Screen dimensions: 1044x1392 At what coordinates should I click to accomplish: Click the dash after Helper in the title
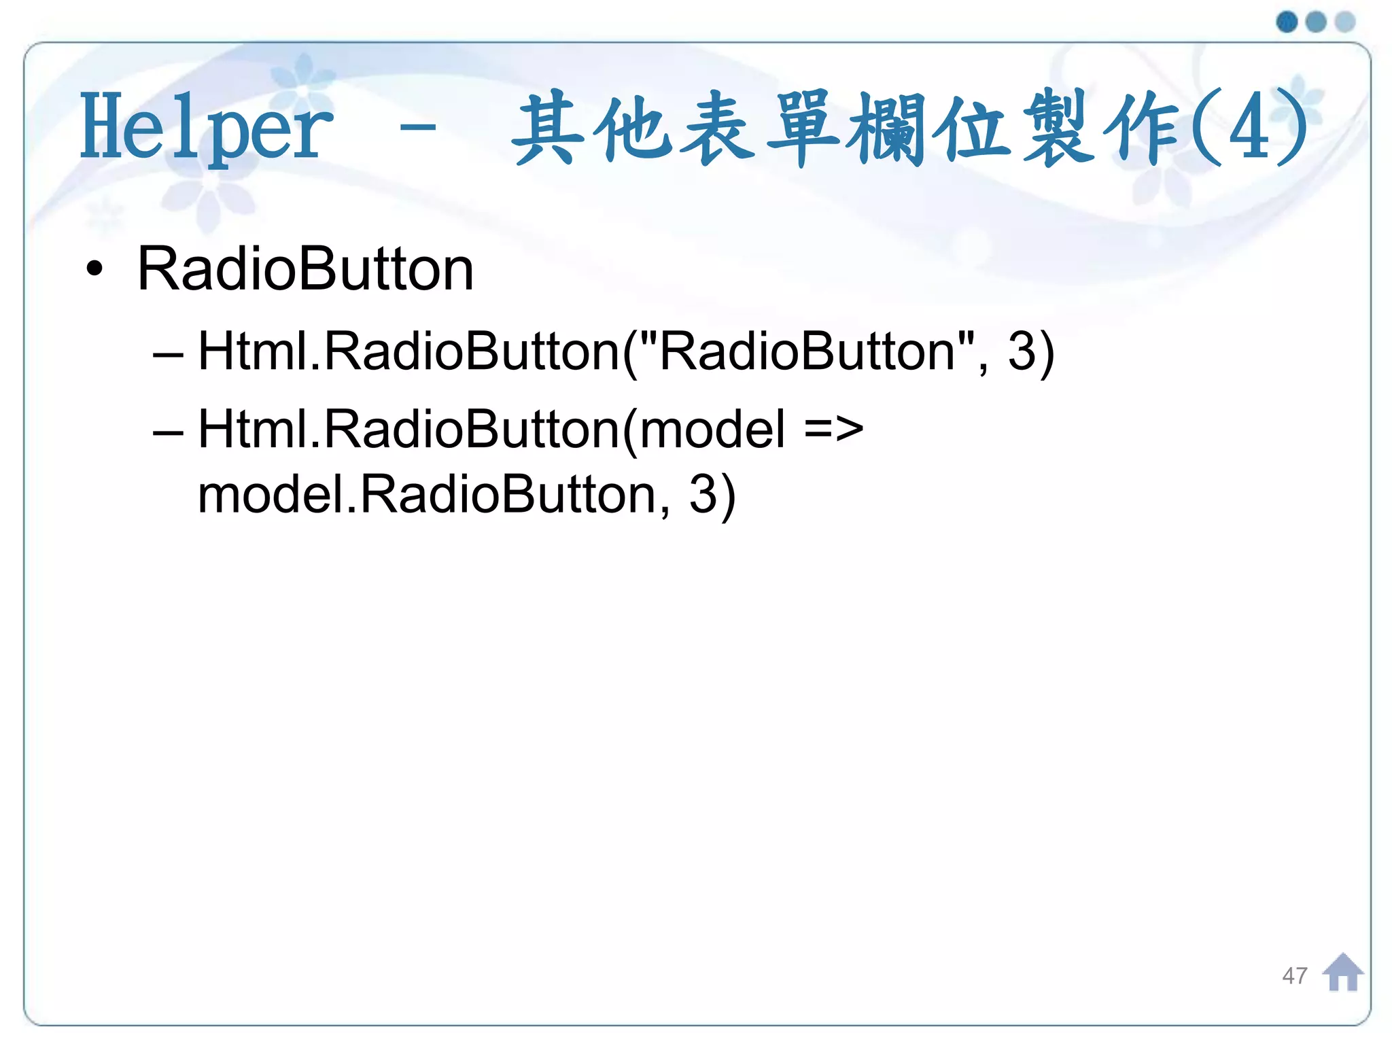pyautogui.click(x=418, y=126)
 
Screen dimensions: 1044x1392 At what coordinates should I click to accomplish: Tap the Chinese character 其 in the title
pyautogui.click(x=548, y=128)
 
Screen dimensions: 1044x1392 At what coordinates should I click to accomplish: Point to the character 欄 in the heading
pyautogui.click(x=886, y=128)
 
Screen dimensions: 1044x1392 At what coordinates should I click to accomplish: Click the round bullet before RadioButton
pyautogui.click(x=94, y=269)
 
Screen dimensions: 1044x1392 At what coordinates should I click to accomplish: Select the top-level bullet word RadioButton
pyautogui.click(x=305, y=269)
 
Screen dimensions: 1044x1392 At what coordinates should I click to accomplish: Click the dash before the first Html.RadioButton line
pyautogui.click(x=167, y=354)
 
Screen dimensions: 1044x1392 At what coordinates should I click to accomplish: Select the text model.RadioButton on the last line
pyautogui.click(x=426, y=494)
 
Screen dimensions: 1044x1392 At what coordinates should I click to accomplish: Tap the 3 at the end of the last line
pyautogui.click(x=703, y=494)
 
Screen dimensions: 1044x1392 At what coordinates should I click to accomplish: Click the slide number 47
pyautogui.click(x=1294, y=976)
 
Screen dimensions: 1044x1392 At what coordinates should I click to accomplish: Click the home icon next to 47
pyautogui.click(x=1342, y=973)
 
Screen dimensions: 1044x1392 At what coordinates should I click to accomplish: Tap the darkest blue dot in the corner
pyautogui.click(x=1287, y=22)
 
